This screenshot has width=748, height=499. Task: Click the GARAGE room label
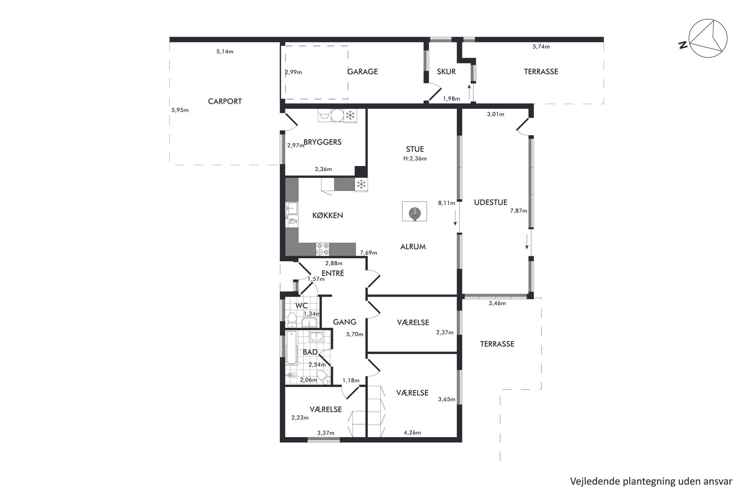362,72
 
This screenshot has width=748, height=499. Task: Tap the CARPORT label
225,101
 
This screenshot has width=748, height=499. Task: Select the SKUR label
446,72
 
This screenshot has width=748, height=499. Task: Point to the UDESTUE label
490,203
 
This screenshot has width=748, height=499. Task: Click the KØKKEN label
328,215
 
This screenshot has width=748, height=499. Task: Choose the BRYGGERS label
322,142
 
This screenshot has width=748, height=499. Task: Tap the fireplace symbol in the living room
415,212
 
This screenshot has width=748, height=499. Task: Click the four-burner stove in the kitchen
323,249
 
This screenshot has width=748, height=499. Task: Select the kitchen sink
292,208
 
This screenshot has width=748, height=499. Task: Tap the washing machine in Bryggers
324,116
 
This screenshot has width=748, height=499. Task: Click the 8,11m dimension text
446,203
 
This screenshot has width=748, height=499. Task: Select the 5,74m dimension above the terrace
541,47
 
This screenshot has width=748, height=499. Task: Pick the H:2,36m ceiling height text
415,159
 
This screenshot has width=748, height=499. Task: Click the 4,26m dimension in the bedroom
412,433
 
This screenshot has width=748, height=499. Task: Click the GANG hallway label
345,322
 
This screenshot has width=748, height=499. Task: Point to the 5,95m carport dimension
180,110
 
